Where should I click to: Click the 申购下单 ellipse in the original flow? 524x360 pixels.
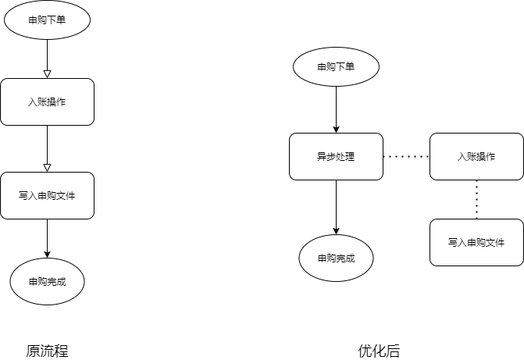click(x=47, y=20)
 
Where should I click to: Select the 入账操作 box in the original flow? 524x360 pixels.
click(x=47, y=102)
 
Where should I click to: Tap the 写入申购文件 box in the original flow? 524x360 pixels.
click(x=47, y=195)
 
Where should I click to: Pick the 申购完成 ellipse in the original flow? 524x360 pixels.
click(x=47, y=281)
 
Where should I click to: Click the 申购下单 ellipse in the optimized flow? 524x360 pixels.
click(x=336, y=66)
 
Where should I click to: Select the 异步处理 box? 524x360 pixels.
click(x=336, y=156)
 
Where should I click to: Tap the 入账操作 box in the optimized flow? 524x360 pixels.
click(x=476, y=156)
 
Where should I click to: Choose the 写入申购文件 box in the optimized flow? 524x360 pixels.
click(x=476, y=242)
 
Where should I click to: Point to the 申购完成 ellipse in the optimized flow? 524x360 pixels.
click(x=336, y=258)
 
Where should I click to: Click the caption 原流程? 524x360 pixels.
click(x=47, y=351)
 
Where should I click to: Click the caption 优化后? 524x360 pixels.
click(x=379, y=351)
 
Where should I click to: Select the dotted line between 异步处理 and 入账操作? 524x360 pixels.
click(x=406, y=156)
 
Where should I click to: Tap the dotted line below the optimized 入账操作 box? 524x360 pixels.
click(x=476, y=199)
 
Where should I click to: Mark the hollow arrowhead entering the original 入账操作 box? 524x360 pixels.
click(x=47, y=74)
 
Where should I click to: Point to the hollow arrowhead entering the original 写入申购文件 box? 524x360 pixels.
click(x=47, y=168)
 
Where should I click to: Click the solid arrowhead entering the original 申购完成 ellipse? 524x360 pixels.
click(x=47, y=254)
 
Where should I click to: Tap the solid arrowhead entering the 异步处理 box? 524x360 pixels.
click(x=336, y=129)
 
